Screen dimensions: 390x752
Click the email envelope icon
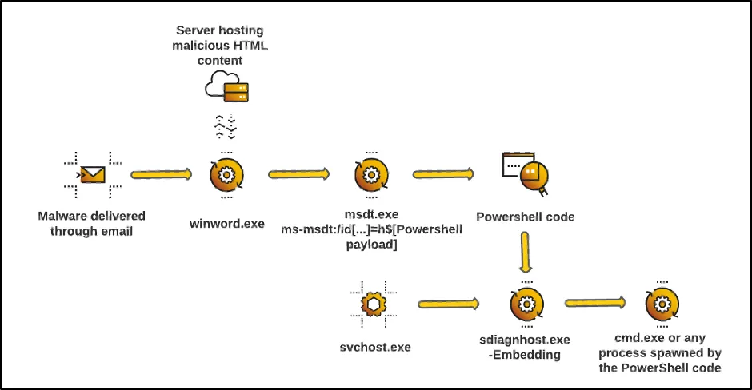(92, 173)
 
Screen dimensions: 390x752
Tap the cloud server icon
(226, 86)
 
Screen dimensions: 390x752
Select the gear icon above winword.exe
(226, 174)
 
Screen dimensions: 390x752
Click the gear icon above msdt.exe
(371, 173)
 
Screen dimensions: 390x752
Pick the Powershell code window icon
(525, 173)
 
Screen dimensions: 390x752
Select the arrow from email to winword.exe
(161, 173)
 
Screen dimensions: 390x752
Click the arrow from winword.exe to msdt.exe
(299, 173)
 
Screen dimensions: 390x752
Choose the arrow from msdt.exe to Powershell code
(443, 173)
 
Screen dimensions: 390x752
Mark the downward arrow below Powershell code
(525, 253)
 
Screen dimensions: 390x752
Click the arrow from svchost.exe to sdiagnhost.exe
(448, 304)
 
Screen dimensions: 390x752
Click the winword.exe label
(226, 224)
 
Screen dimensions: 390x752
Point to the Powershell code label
(525, 217)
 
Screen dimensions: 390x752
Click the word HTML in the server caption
(250, 45)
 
